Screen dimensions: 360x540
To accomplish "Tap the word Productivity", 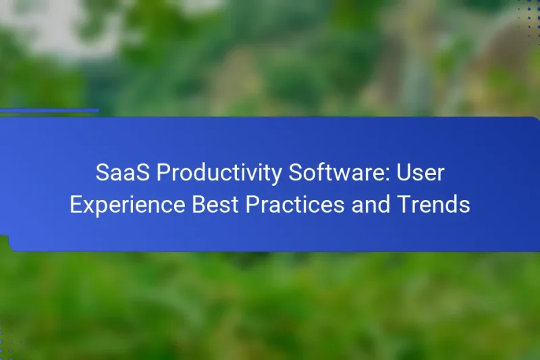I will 219,174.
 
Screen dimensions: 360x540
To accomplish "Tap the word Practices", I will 296,205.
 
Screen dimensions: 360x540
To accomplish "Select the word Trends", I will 436,205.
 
